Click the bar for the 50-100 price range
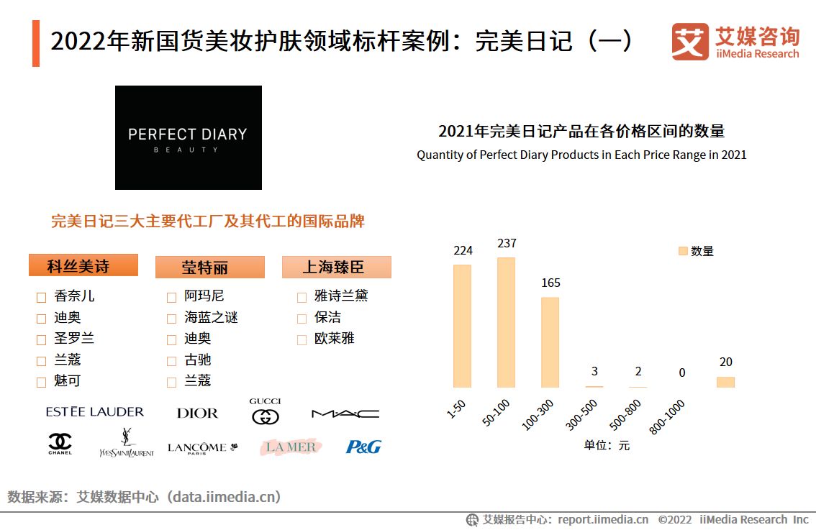coord(506,322)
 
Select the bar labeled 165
coord(550,342)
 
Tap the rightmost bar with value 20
coord(725,382)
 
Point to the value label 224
coord(463,250)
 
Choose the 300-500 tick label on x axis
coord(581,415)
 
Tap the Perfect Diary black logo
coord(189,138)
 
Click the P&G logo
coord(363,447)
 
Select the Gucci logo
coord(265,411)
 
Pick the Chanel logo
coord(60,444)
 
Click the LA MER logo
coord(291,447)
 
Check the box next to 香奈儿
coord(42,297)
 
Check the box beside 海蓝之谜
coord(171,319)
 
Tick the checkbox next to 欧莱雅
coord(302,339)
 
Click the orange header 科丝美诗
coord(83,265)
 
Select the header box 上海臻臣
coord(336,267)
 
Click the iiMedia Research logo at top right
coord(735,42)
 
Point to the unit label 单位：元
coord(606,445)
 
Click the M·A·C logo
coord(345,414)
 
